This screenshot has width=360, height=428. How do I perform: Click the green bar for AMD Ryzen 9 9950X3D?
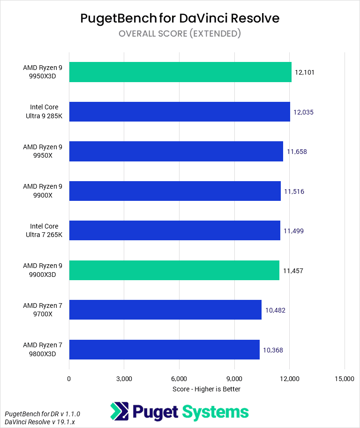[180, 72]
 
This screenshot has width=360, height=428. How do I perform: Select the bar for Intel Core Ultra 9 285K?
[180, 112]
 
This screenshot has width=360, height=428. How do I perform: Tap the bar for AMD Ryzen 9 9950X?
[176, 152]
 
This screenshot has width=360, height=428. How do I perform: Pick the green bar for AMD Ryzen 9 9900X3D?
[174, 270]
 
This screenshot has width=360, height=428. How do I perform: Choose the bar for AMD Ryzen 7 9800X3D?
[164, 350]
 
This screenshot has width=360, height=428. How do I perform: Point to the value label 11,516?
[294, 191]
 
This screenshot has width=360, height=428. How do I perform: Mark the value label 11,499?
[293, 231]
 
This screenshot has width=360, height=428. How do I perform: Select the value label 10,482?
[275, 310]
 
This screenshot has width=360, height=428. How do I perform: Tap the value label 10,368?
[273, 350]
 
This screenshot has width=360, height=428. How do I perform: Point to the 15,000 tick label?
[345, 379]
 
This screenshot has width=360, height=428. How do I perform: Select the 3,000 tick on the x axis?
[124, 379]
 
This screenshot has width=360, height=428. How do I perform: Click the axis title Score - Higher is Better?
[206, 389]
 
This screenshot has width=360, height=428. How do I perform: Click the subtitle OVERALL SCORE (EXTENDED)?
[180, 33]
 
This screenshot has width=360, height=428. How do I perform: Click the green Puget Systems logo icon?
[119, 412]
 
